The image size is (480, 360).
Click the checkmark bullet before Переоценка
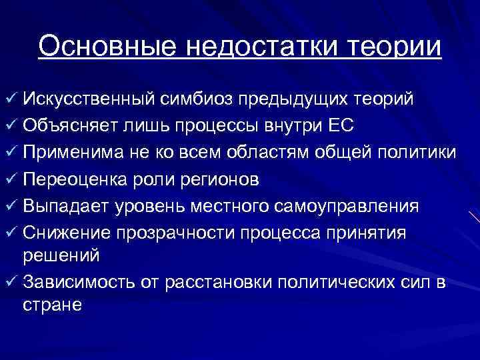tap(10, 181)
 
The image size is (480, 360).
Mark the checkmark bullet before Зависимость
tap(10, 282)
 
